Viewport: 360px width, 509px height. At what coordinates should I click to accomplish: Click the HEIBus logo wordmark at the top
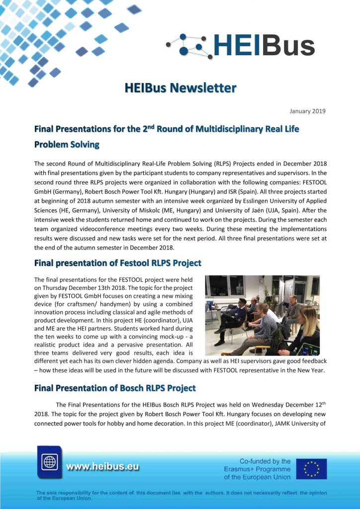point(264,46)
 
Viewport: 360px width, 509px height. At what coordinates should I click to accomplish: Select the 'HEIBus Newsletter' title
point(180,88)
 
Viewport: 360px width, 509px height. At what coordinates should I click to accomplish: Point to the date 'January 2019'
point(307,111)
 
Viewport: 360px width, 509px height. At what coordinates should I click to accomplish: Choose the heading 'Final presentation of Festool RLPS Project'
point(117,262)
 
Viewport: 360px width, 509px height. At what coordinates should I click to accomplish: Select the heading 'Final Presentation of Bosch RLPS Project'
point(115,388)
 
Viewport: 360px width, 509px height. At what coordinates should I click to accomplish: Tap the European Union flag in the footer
point(311,469)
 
